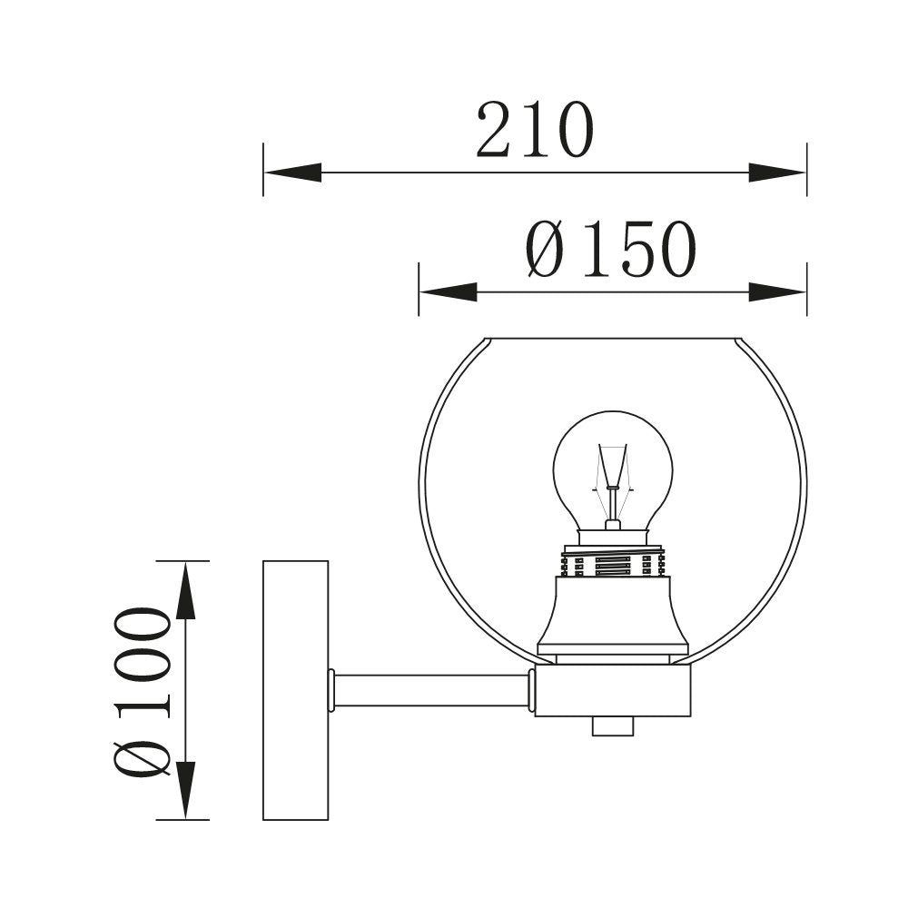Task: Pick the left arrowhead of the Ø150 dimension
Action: click(x=448, y=291)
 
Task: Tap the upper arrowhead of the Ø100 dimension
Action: click(x=185, y=590)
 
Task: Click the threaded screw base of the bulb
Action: click(x=613, y=564)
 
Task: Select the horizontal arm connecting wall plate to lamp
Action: click(x=431, y=691)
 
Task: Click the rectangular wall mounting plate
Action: click(x=295, y=690)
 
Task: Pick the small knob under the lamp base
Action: click(x=613, y=725)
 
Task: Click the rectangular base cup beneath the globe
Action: click(x=613, y=691)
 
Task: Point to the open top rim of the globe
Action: click(x=613, y=339)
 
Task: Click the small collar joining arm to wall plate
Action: click(x=331, y=690)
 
